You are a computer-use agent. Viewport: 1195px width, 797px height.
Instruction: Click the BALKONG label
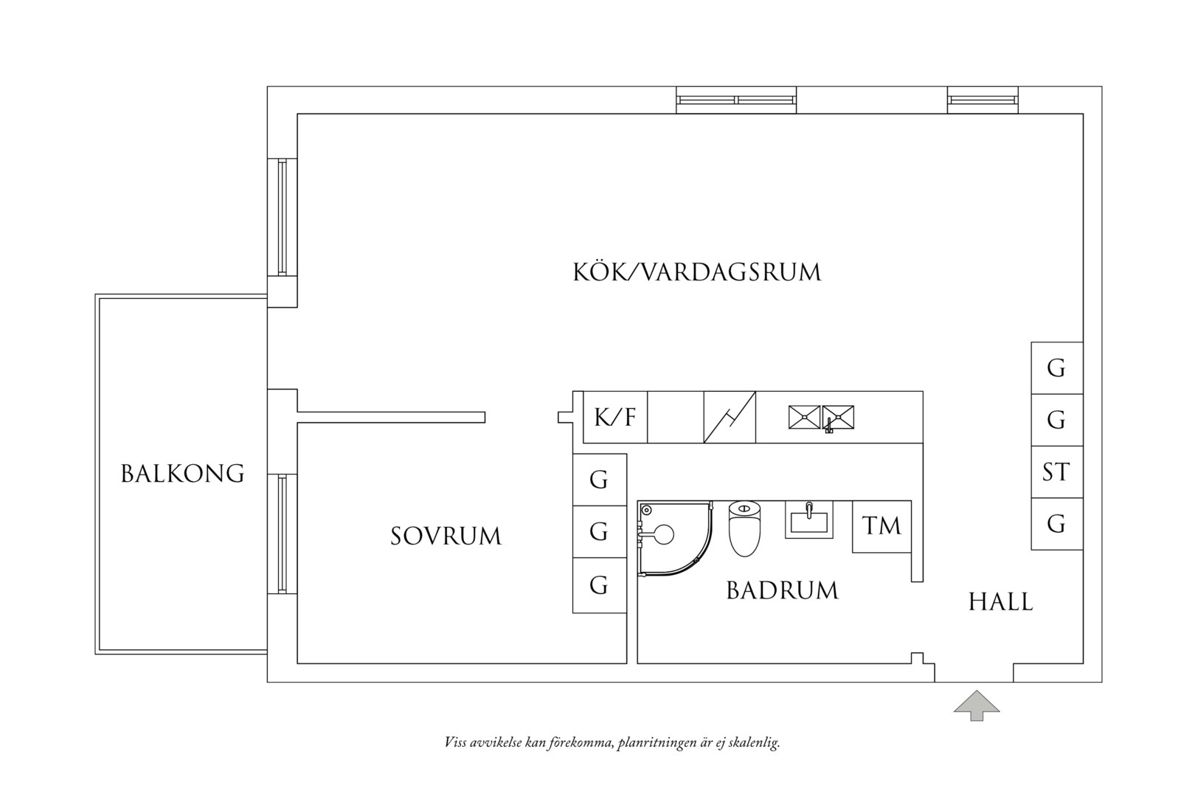point(182,474)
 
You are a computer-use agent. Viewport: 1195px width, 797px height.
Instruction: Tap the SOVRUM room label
point(446,536)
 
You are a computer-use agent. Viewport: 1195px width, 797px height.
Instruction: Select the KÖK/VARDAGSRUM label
point(697,272)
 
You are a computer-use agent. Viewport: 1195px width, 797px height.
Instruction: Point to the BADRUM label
point(782,590)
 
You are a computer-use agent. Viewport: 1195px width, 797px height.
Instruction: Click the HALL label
point(1001,601)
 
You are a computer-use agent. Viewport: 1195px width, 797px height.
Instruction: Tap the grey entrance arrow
point(977,705)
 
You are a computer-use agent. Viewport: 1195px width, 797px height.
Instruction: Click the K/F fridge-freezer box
point(615,417)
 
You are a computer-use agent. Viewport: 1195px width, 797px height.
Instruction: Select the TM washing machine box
point(881,526)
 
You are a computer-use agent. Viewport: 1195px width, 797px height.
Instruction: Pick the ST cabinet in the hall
point(1057,472)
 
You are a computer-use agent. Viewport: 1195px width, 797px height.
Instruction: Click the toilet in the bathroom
point(745,528)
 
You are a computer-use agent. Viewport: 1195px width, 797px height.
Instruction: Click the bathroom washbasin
point(808,520)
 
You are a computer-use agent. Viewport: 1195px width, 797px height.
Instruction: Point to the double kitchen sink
point(821,418)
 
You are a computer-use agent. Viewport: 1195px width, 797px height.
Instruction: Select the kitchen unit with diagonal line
point(730,417)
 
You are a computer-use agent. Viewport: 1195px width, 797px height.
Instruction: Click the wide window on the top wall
point(736,100)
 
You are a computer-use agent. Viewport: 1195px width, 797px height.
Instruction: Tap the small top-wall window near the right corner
point(983,100)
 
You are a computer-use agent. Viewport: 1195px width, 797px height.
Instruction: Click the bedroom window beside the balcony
point(283,534)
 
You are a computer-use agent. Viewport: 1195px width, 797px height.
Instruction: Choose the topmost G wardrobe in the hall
point(1057,368)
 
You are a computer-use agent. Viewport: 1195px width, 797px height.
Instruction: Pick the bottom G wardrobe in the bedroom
point(600,586)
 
